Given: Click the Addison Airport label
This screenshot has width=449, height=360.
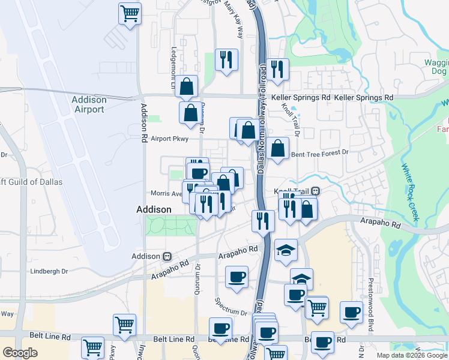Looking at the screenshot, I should [x=88, y=104].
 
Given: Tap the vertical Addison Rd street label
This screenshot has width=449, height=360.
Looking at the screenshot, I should [x=144, y=122].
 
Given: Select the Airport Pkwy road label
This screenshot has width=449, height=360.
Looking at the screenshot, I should [x=169, y=139].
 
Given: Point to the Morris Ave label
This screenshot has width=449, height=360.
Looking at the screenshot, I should [x=166, y=194].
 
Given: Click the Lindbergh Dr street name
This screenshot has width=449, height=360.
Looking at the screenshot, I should [x=49, y=271].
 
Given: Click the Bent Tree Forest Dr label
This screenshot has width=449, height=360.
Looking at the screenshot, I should [x=319, y=153].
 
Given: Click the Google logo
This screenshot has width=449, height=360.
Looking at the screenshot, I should [x=20, y=353].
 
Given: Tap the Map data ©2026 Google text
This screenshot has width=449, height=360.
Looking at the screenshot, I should [x=411, y=355].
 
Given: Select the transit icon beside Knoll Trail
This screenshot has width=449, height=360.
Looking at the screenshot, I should [x=315, y=191].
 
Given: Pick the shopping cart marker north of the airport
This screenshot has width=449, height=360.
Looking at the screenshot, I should [x=130, y=13].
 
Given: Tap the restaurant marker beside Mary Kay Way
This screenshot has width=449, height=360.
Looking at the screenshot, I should [x=226, y=59].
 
